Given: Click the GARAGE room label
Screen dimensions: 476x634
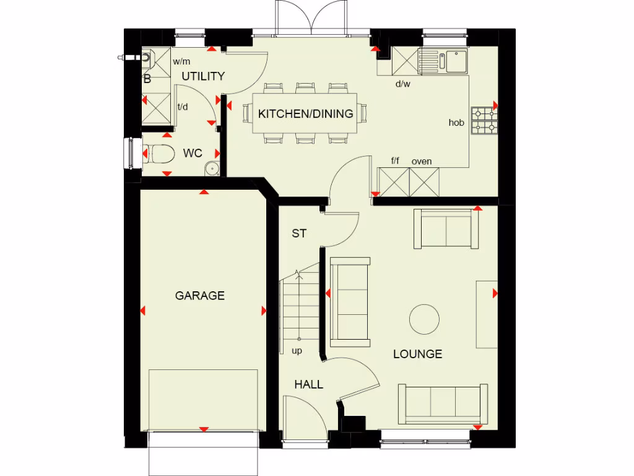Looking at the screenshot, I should (199, 296).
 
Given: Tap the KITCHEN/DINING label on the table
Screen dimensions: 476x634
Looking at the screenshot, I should (305, 114).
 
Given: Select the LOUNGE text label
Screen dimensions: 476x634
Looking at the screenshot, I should (417, 354).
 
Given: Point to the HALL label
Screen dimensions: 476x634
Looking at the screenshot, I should (308, 384).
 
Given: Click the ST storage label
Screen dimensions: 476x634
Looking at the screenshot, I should (299, 234).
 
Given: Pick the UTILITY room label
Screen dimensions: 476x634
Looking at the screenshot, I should (203, 76).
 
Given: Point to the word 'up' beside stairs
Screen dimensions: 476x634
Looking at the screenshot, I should (297, 351).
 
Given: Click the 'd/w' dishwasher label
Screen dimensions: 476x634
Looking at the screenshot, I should (403, 84).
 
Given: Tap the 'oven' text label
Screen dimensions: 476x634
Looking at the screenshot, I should (422, 161).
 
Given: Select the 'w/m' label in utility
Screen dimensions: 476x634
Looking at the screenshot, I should (181, 61).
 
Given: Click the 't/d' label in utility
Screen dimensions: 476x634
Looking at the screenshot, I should (183, 107).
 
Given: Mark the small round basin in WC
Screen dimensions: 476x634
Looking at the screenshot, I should (212, 167).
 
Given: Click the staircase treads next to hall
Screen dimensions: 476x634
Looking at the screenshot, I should (299, 307).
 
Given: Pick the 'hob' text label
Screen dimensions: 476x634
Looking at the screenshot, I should (456, 123).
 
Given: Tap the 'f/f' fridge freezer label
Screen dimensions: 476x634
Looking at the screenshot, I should (395, 161).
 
